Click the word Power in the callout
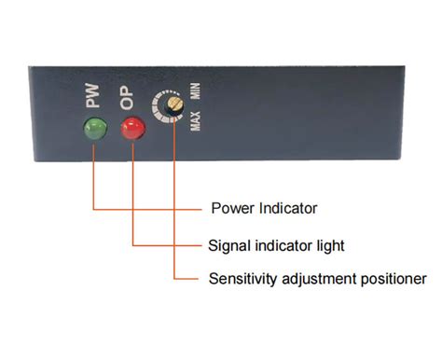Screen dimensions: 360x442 230,207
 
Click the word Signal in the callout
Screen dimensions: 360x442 228,246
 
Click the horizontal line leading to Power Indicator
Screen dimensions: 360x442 149,207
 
